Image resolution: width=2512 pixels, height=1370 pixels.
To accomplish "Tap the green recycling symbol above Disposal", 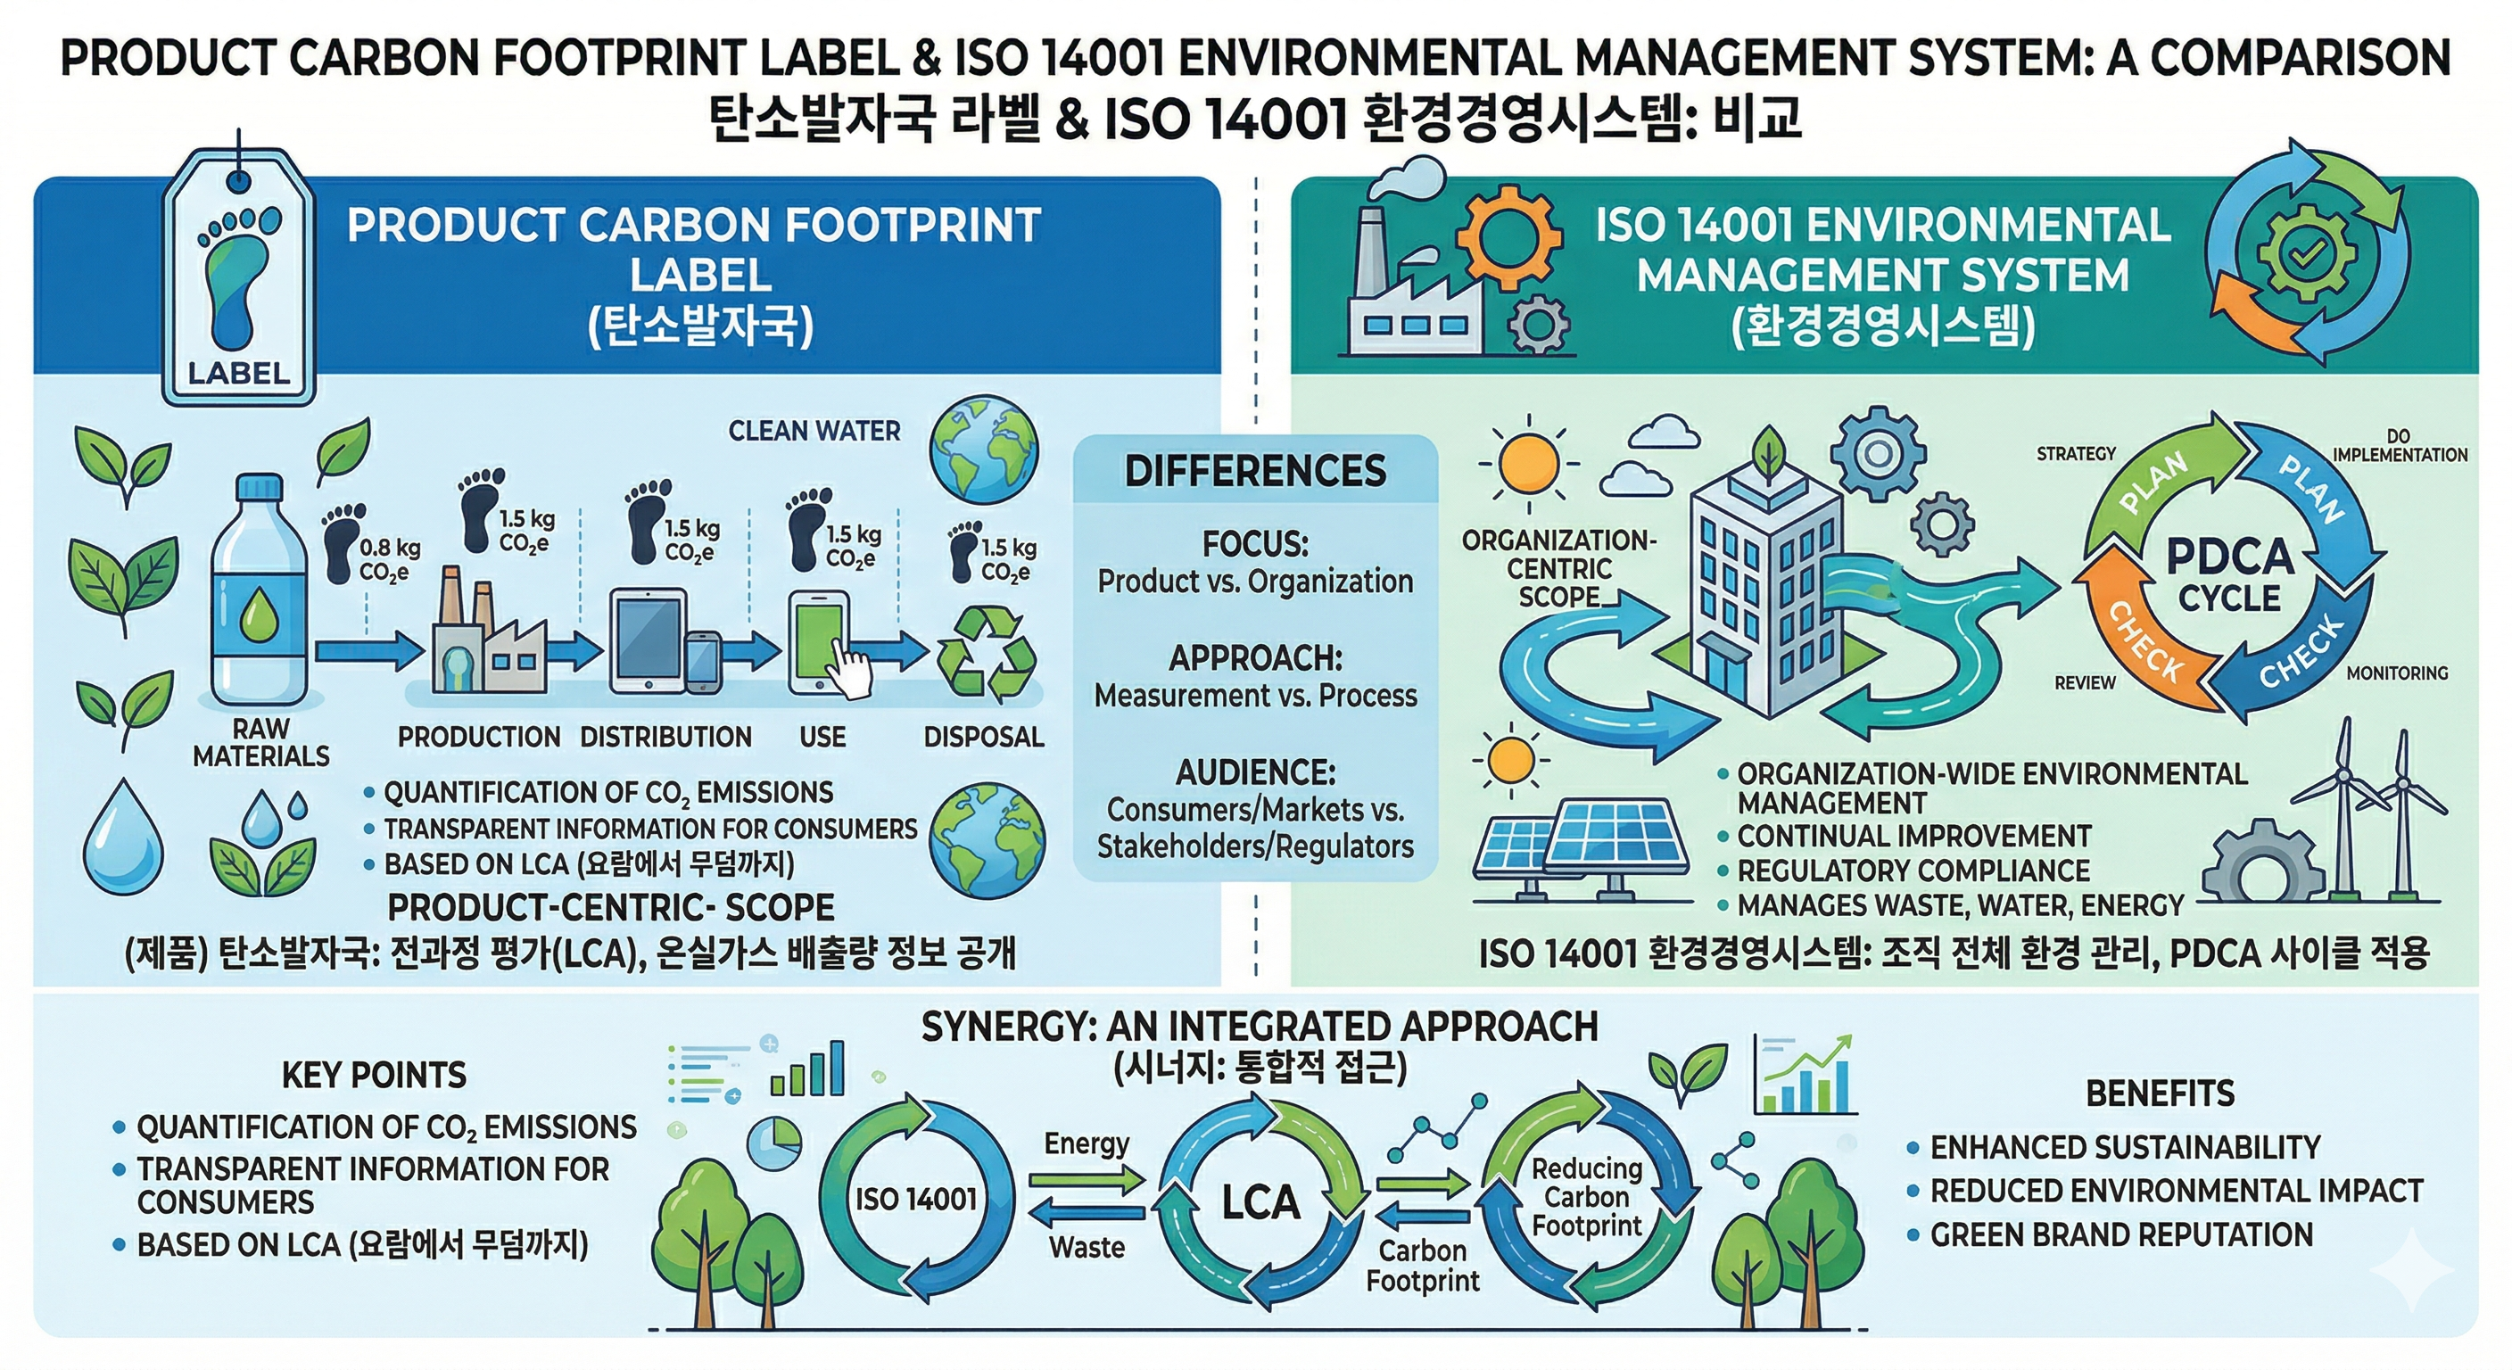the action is click(x=985, y=655).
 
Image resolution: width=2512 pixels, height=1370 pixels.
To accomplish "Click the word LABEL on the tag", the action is click(x=239, y=374).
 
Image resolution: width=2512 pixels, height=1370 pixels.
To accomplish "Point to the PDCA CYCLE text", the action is click(x=2229, y=576).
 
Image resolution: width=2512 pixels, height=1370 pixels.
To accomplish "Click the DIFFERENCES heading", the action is click(x=1255, y=471).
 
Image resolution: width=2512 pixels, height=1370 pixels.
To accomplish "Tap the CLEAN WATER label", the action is click(x=814, y=431).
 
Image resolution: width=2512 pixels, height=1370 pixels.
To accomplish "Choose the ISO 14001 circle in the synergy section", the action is click(x=915, y=1199).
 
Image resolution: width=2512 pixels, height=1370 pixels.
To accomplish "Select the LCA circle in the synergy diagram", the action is click(x=1260, y=1201).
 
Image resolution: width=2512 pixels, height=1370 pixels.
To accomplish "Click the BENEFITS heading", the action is click(x=2160, y=1094).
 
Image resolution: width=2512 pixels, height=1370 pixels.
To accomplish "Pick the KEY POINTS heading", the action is click(x=375, y=1075).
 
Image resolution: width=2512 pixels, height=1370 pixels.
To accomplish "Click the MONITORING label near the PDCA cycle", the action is click(x=2397, y=673).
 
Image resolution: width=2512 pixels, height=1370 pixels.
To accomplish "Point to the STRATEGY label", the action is click(x=2076, y=453).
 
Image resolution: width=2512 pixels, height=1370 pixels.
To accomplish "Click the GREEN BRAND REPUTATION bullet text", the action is click(x=2121, y=1234).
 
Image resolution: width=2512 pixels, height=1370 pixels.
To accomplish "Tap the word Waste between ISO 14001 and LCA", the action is click(x=1087, y=1247).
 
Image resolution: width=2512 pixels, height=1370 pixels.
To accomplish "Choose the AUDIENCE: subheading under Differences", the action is click(x=1255, y=772).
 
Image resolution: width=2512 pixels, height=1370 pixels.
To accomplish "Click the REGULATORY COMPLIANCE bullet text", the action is click(x=1913, y=870).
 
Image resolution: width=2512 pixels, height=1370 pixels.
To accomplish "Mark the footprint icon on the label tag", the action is click(x=238, y=278).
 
